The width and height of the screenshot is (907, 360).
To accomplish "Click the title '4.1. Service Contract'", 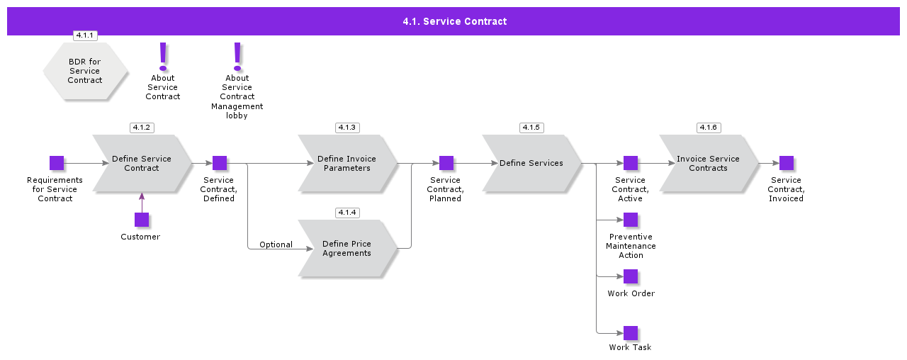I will (454, 21).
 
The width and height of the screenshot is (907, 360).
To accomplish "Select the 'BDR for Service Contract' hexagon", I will (85, 71).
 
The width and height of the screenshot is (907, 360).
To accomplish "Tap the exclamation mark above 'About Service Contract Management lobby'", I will (237, 55).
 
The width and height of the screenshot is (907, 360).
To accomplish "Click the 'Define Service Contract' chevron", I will (142, 164).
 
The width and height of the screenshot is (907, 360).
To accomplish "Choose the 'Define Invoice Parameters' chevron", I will (347, 164).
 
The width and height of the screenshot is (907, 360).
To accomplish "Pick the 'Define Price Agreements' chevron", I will (347, 249).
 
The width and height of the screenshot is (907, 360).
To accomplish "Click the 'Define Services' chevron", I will (531, 164).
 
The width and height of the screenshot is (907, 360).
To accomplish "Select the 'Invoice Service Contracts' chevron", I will (708, 164).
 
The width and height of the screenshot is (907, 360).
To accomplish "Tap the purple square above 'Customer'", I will (142, 220).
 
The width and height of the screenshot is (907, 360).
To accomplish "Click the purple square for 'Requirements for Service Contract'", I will (57, 163).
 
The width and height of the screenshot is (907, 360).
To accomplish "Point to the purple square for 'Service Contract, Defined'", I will (220, 163).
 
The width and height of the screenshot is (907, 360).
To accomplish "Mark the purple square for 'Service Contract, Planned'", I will (446, 163).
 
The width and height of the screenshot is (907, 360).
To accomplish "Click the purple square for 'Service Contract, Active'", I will (631, 163).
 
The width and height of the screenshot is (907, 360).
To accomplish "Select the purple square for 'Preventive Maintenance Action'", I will (631, 220).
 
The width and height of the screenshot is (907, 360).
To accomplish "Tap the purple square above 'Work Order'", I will (631, 276).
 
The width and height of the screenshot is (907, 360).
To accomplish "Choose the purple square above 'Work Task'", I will (631, 333).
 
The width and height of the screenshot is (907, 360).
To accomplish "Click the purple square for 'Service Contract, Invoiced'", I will (787, 163).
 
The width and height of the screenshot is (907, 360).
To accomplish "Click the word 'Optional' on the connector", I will (276, 244).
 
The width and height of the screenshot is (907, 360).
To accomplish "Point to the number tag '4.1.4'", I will (347, 213).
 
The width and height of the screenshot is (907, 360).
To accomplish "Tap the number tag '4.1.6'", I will (708, 128).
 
